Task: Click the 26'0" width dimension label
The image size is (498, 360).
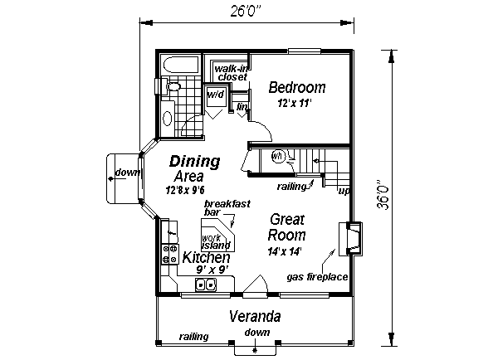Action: pyautogui.click(x=246, y=11)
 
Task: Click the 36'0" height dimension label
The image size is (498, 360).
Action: pyautogui.click(x=383, y=195)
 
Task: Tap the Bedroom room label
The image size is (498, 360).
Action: pyautogui.click(x=297, y=87)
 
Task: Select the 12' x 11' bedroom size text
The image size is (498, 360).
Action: pyautogui.click(x=295, y=103)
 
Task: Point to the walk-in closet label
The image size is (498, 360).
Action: pyautogui.click(x=232, y=73)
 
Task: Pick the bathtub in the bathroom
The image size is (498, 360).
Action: pyautogui.click(x=181, y=65)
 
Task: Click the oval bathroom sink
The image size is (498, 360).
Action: pyautogui.click(x=168, y=119)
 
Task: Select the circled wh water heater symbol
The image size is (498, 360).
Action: pyautogui.click(x=278, y=156)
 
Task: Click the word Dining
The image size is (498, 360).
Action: pyautogui.click(x=195, y=162)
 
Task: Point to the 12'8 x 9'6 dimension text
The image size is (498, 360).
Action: pyautogui.click(x=185, y=190)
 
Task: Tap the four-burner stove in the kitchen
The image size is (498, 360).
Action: pyautogui.click(x=169, y=254)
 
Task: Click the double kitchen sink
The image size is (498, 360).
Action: pyautogui.click(x=206, y=285)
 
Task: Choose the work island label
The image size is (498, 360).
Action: pyautogui.click(x=216, y=242)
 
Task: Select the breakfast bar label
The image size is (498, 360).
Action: pyautogui.click(x=227, y=207)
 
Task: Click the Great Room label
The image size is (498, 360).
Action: pyautogui.click(x=286, y=227)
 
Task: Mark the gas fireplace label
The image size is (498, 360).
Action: pyautogui.click(x=317, y=277)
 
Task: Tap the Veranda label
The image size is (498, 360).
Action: pyautogui.click(x=255, y=317)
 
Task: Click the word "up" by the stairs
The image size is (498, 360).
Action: pyautogui.click(x=344, y=191)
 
